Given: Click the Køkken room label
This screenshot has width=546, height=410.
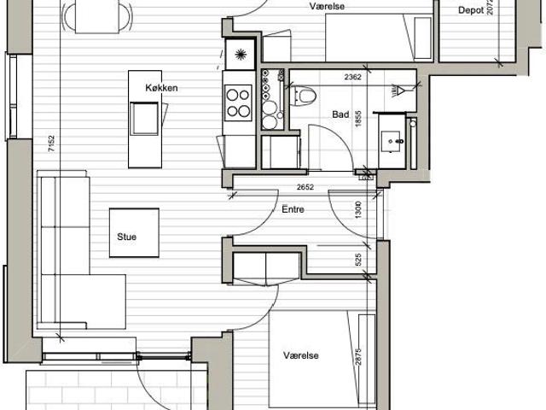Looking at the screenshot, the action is coord(161,88).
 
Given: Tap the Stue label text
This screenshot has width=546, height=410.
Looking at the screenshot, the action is coord(127,237).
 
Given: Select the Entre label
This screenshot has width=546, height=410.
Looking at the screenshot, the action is coord(293,209).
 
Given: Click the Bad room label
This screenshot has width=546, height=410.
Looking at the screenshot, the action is coord(340,114).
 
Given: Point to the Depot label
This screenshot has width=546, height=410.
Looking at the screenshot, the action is coord(471,10).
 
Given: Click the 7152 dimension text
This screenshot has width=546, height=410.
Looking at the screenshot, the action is coord(51,143).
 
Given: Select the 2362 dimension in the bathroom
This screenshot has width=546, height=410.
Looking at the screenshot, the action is coord(352,77).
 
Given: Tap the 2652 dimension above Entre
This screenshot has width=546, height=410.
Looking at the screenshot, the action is coord(305,187).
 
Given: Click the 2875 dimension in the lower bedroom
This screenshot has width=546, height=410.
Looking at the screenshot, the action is coord(358,356).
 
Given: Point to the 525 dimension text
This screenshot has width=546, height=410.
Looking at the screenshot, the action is coord(358,260).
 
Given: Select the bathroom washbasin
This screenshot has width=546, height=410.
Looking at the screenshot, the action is coord(392,141).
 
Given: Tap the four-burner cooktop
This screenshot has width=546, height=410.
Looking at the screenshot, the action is coord(239,102).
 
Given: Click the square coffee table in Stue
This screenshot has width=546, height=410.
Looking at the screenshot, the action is coord(135,233).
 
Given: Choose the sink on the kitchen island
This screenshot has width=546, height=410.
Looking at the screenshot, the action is coord(144,119).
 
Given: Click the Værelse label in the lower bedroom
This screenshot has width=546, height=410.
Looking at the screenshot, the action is coord(301,355).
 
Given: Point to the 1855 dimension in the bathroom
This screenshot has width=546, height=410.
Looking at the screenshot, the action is coord(358,119).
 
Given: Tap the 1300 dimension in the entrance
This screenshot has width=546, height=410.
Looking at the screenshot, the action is coord(358,210).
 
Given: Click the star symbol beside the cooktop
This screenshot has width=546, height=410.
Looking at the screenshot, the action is coord(241,55).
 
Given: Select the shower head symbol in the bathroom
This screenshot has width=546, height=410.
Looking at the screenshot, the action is coord(398,91).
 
